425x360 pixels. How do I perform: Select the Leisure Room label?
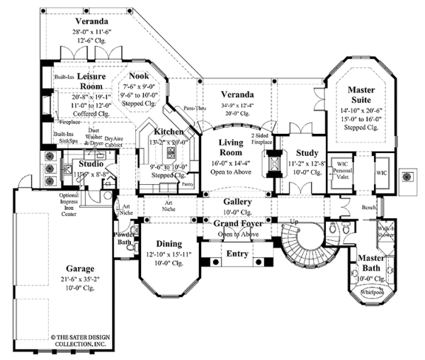click(91, 80)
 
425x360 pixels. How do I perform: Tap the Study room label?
click(306, 152)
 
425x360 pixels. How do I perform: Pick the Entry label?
click(237, 253)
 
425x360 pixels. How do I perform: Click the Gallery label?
click(237, 201)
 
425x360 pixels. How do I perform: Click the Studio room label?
click(91, 164)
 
